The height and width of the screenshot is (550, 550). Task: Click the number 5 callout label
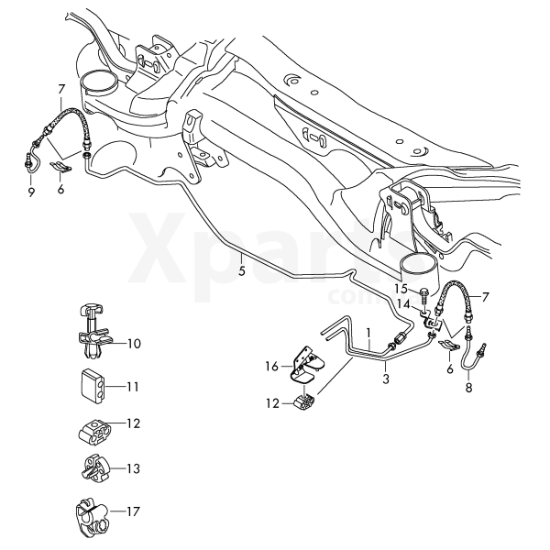[242, 271]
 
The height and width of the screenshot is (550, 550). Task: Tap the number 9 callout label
[31, 192]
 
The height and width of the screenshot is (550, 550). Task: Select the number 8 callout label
[469, 388]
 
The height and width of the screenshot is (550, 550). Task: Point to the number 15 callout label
[401, 290]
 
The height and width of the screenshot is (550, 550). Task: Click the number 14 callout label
[403, 304]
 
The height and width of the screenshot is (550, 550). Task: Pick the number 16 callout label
[272, 367]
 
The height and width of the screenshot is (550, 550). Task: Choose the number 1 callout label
[368, 333]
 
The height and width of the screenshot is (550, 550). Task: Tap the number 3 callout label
[386, 379]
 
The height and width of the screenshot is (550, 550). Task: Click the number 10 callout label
[134, 344]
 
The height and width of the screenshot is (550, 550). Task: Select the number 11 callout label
[132, 387]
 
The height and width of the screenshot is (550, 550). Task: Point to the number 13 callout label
[133, 468]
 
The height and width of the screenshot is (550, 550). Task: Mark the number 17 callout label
[133, 511]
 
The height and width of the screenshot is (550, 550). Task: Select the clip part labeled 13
[94, 469]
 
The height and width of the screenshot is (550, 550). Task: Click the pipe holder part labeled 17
[93, 515]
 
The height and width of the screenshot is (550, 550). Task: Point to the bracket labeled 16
[306, 367]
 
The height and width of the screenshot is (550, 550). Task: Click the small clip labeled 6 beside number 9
[61, 166]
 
